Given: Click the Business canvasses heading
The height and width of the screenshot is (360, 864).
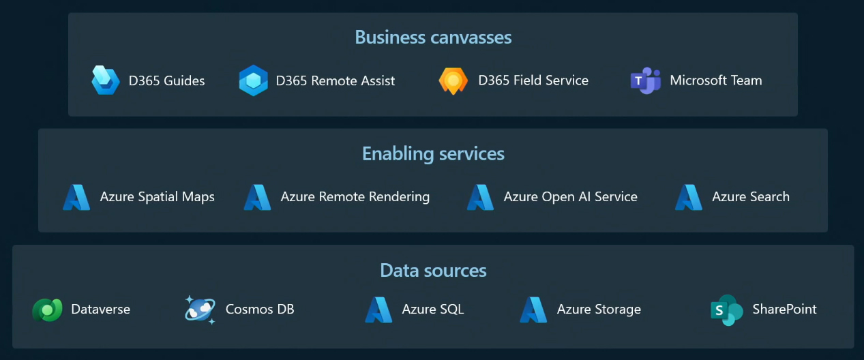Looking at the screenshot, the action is click(433, 37).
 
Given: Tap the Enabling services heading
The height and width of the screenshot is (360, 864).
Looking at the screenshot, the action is click(433, 154).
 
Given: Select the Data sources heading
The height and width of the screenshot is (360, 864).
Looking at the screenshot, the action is click(433, 270).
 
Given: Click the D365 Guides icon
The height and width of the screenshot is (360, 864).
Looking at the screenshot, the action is click(105, 80).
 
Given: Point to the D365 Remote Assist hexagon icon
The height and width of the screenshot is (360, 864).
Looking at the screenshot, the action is click(253, 80).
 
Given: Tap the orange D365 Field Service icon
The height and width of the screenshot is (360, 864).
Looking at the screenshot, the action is click(453, 80).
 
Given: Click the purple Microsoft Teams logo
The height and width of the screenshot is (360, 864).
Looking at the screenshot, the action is click(645, 80).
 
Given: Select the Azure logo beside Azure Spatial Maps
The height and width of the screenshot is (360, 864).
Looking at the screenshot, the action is click(76, 197).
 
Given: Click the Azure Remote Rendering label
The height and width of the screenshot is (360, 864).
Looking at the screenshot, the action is click(355, 197).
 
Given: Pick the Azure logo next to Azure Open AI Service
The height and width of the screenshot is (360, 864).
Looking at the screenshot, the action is click(480, 197).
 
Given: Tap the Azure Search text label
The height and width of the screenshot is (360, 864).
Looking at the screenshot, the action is click(751, 197).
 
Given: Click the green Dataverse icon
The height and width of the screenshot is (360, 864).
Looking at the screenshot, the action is click(47, 310).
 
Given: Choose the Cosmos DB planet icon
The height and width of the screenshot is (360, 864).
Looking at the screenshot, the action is click(200, 310).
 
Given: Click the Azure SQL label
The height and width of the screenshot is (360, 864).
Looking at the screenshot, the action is click(433, 309).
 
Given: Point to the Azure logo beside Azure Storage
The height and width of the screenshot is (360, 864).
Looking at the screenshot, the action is click(533, 310).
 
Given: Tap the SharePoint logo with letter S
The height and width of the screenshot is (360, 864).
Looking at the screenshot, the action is click(727, 310).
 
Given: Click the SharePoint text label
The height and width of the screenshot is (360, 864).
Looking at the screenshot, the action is click(784, 309).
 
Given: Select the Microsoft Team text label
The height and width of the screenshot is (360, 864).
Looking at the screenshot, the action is click(716, 80).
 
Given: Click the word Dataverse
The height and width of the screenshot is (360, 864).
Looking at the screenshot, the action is click(101, 309).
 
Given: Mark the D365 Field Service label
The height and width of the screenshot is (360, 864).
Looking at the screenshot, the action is click(533, 80).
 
